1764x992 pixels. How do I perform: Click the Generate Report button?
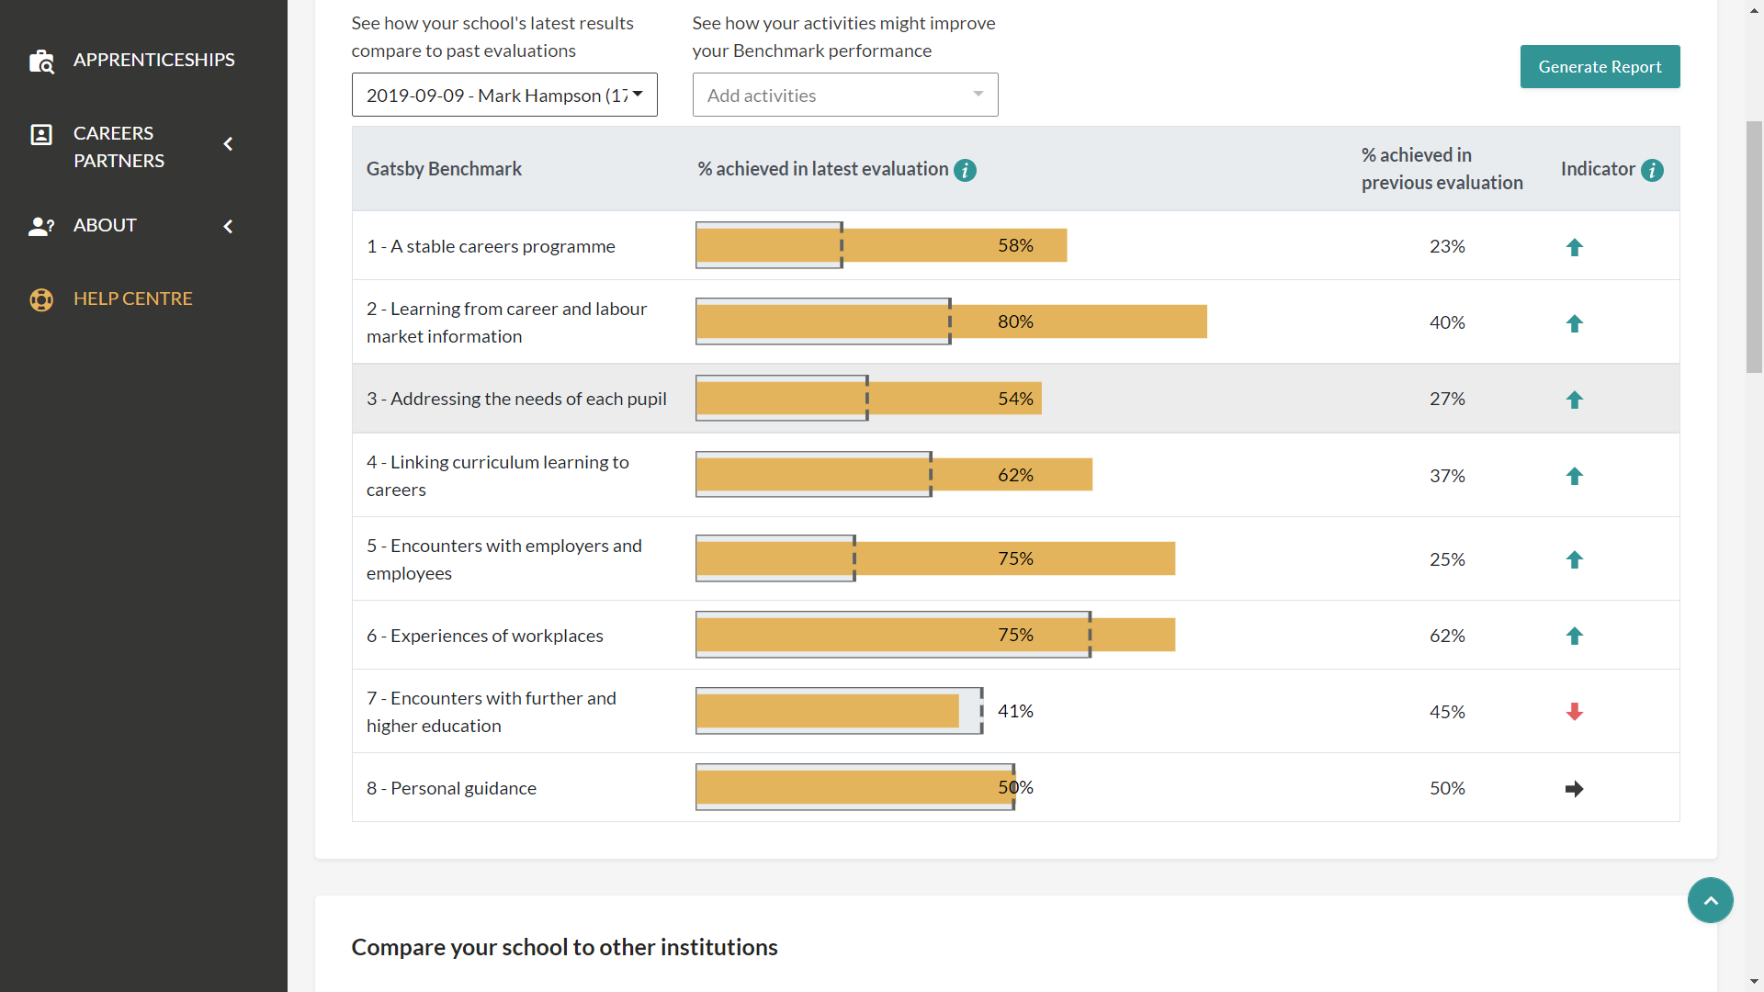click(x=1600, y=67)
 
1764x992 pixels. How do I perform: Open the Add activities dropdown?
click(x=844, y=95)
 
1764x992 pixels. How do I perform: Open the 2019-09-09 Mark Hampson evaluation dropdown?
click(x=504, y=95)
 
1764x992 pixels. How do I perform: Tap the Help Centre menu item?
click(x=133, y=299)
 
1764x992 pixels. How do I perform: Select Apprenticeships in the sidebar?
click(x=153, y=60)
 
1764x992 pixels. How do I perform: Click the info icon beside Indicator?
click(x=1652, y=170)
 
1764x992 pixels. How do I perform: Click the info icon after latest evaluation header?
click(x=965, y=170)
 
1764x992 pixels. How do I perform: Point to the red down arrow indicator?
click(x=1574, y=712)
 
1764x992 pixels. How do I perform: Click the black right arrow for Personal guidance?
click(x=1574, y=789)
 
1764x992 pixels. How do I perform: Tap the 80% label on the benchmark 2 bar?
click(x=1015, y=321)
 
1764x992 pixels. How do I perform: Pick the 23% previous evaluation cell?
click(x=1447, y=246)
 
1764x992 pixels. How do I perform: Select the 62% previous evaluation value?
click(x=1447, y=636)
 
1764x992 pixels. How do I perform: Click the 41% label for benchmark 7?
click(x=1015, y=711)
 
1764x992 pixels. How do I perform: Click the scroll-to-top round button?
click(x=1710, y=900)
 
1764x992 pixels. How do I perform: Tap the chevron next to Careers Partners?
click(x=228, y=144)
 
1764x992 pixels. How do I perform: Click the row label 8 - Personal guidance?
click(x=451, y=788)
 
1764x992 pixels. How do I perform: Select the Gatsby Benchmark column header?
click(x=444, y=169)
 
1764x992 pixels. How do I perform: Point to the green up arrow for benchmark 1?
click(x=1574, y=247)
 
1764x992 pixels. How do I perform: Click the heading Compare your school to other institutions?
click(x=564, y=947)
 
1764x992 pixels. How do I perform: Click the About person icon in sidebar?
click(x=41, y=226)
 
